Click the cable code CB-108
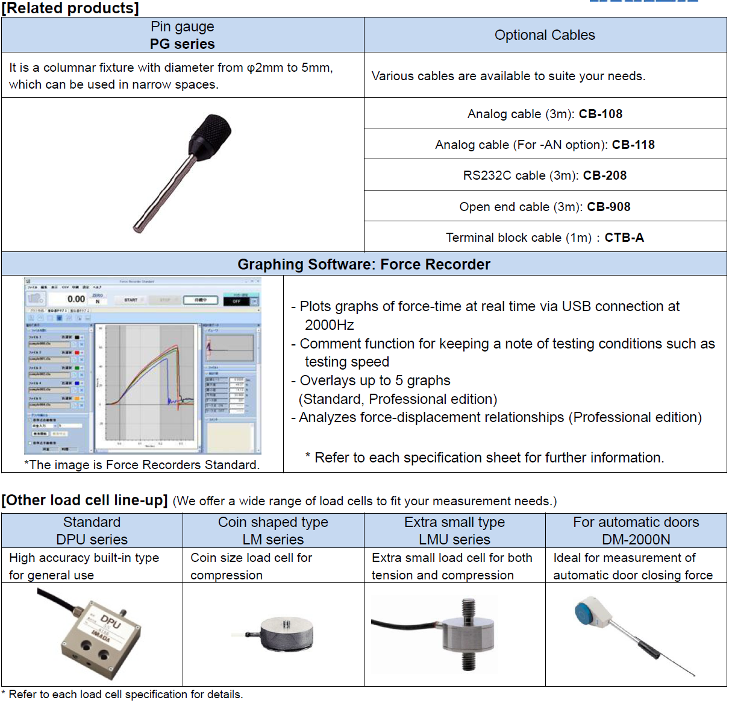point(600,114)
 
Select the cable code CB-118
point(633,145)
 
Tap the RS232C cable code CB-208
point(604,175)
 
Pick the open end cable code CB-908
point(609,207)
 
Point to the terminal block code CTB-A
point(624,238)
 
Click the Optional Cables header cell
point(545,35)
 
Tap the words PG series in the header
point(182,44)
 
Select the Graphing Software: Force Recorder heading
point(364,264)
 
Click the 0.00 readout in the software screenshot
point(76,299)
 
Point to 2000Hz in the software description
point(329,325)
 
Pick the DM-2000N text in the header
point(636,540)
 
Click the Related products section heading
point(70,8)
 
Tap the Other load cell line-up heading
point(84,500)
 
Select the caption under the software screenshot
point(142,465)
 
